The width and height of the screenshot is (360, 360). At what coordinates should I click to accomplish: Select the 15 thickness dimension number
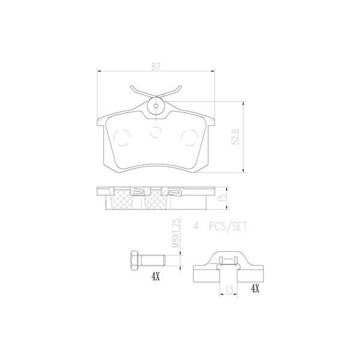pyautogui.click(x=221, y=197)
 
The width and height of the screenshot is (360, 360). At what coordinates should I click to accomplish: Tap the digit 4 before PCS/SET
pyautogui.click(x=196, y=227)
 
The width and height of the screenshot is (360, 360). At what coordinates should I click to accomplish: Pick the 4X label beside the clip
pyautogui.click(x=255, y=289)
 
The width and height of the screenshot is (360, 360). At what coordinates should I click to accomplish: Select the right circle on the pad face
pyautogui.click(x=188, y=137)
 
